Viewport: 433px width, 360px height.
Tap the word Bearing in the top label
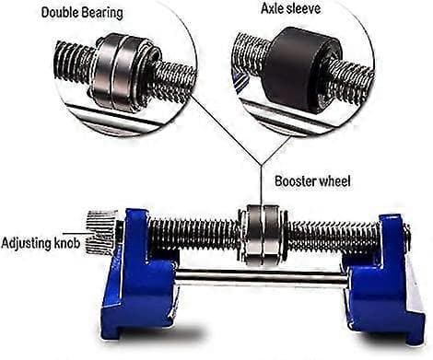tap(102, 14)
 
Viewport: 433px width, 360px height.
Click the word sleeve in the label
tap(303, 8)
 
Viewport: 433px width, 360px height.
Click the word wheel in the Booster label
tap(334, 181)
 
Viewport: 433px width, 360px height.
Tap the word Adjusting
tap(26, 244)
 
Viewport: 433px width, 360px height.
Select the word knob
tap(67, 243)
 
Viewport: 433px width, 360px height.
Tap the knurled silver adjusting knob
tap(100, 232)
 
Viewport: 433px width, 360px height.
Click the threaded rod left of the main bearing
tap(194, 234)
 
